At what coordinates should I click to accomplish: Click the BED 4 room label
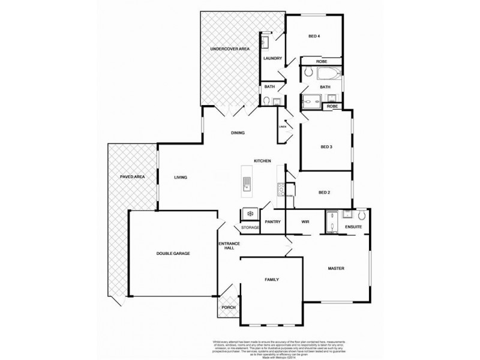point(314,37)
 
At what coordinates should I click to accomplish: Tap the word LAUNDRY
point(273,58)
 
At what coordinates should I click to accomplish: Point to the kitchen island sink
point(247,184)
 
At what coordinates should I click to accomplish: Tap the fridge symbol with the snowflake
point(249,214)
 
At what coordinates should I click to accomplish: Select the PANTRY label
point(273,221)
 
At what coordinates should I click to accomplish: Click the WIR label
point(304,221)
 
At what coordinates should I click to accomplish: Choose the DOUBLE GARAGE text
point(173,254)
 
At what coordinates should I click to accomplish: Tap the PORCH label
point(229,308)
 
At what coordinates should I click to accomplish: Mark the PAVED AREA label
point(131,177)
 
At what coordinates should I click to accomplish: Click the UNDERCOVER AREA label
point(225,48)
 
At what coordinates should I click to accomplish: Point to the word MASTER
point(335,268)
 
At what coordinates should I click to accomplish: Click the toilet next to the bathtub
point(307,73)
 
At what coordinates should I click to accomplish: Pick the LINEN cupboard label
point(282,127)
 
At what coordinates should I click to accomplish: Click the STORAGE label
point(250,228)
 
